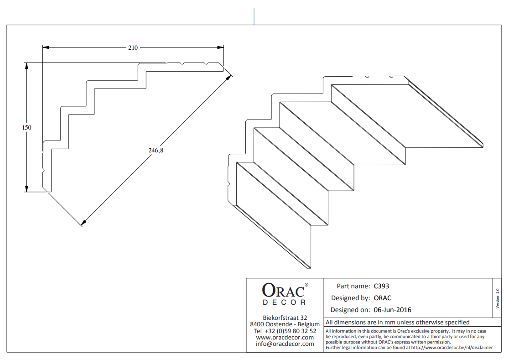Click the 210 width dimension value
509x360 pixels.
(133, 48)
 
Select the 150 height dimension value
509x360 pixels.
(26, 128)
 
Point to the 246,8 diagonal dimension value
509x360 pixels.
(156, 150)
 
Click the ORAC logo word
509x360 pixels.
(283, 290)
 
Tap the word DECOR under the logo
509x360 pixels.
(284, 303)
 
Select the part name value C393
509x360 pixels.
(381, 287)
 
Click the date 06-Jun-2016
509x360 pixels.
(392, 310)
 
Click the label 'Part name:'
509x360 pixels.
(353, 287)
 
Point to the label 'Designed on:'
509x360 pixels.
(350, 310)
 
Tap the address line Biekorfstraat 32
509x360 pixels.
(285, 318)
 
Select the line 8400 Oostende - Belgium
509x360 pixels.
(285, 324)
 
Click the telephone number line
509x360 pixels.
(285, 331)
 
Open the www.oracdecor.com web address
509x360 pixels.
(285, 338)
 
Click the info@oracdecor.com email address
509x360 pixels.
(285, 344)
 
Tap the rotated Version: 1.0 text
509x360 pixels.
(498, 298)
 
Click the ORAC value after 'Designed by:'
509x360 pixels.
(382, 298)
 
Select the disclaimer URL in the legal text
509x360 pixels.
(452, 348)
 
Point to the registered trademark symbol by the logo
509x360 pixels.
(306, 285)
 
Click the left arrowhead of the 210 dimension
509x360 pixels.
(46, 47)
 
